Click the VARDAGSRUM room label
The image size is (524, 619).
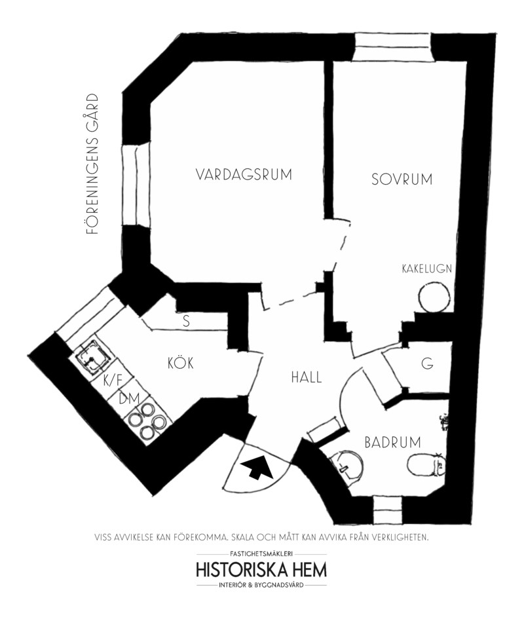(x=244, y=174)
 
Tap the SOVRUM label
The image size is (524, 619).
(x=402, y=179)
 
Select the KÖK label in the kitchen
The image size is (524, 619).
(x=181, y=362)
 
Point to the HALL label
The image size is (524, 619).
(x=307, y=377)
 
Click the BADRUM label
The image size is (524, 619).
(x=392, y=442)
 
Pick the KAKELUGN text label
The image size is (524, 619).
(x=427, y=269)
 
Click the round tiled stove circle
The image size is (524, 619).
(x=434, y=297)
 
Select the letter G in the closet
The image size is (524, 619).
(x=427, y=363)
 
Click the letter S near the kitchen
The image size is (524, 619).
(x=186, y=322)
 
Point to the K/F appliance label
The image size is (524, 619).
(x=113, y=381)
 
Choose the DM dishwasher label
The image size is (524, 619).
(x=129, y=399)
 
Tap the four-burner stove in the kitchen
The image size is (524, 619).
(x=149, y=421)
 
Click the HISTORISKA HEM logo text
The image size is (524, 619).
(x=261, y=570)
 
